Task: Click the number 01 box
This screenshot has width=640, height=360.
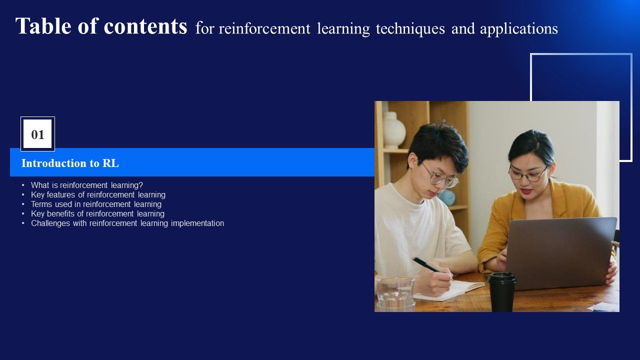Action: [x=37, y=134]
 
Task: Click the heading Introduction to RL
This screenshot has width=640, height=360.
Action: [x=70, y=163]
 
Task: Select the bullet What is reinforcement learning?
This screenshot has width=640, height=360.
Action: [x=86, y=185]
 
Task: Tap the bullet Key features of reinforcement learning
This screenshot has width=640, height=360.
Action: [x=98, y=194]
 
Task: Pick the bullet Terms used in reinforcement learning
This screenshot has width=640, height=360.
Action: [x=96, y=204]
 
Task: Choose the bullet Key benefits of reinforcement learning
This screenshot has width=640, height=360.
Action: [x=97, y=213]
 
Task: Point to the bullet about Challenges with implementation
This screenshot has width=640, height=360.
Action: [x=127, y=223]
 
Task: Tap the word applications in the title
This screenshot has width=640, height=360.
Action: [x=518, y=29]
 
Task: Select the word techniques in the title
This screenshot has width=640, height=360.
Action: [x=410, y=29]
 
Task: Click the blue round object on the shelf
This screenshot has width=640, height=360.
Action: [x=446, y=197]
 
